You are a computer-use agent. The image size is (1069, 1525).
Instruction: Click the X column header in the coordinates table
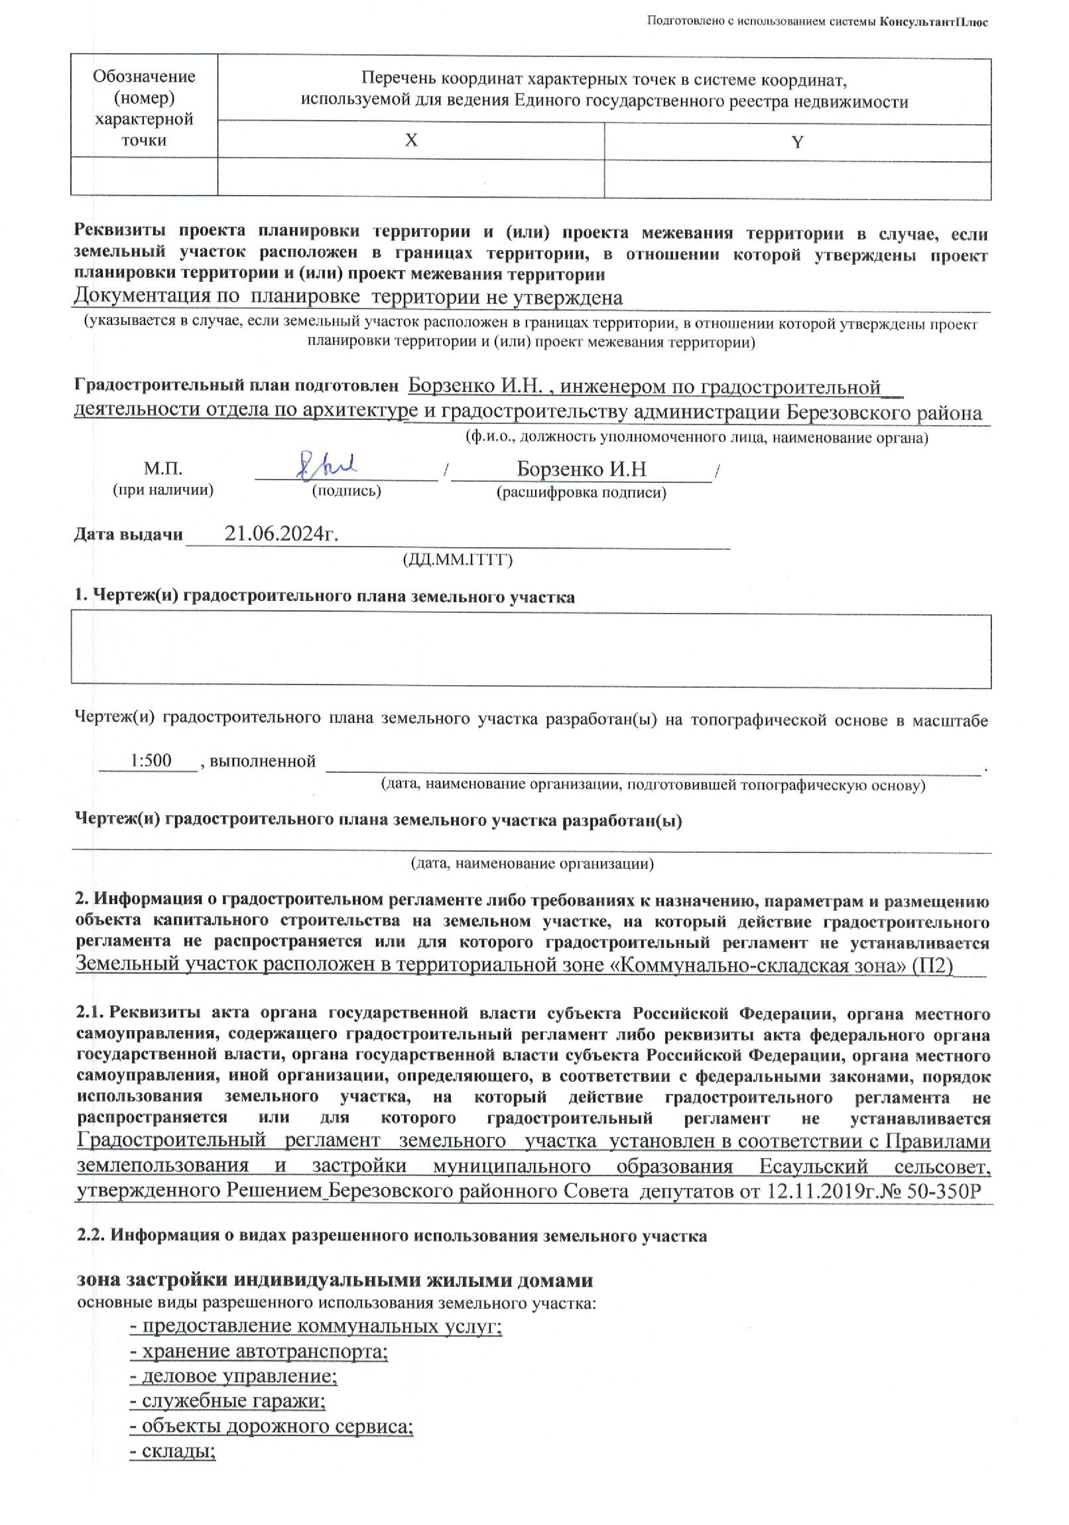(412, 140)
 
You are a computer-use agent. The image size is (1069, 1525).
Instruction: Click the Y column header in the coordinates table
(797, 142)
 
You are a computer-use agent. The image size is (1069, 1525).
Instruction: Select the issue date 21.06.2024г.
(282, 533)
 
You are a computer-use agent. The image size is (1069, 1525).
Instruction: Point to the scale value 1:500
(151, 760)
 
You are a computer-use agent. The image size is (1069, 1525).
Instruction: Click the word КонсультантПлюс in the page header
(934, 22)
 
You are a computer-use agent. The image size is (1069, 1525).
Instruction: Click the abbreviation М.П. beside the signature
(162, 469)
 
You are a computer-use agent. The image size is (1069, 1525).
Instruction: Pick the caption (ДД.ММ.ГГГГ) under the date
(458, 559)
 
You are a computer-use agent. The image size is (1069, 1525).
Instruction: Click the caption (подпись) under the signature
(346, 491)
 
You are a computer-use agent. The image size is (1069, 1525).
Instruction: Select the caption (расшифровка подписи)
(582, 492)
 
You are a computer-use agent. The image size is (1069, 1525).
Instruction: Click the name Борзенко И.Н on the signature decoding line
(582, 469)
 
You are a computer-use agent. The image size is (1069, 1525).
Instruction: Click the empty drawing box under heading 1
(531, 650)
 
